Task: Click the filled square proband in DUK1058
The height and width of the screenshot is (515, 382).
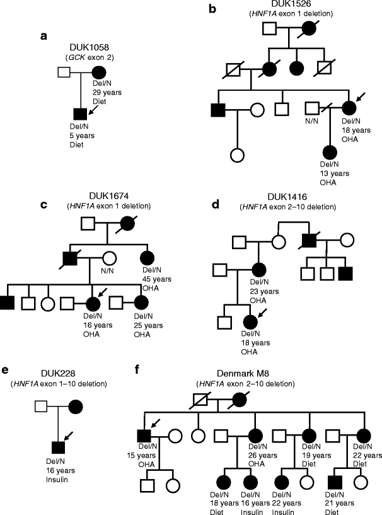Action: click(x=80, y=113)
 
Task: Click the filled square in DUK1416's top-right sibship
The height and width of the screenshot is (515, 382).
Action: click(x=344, y=274)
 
